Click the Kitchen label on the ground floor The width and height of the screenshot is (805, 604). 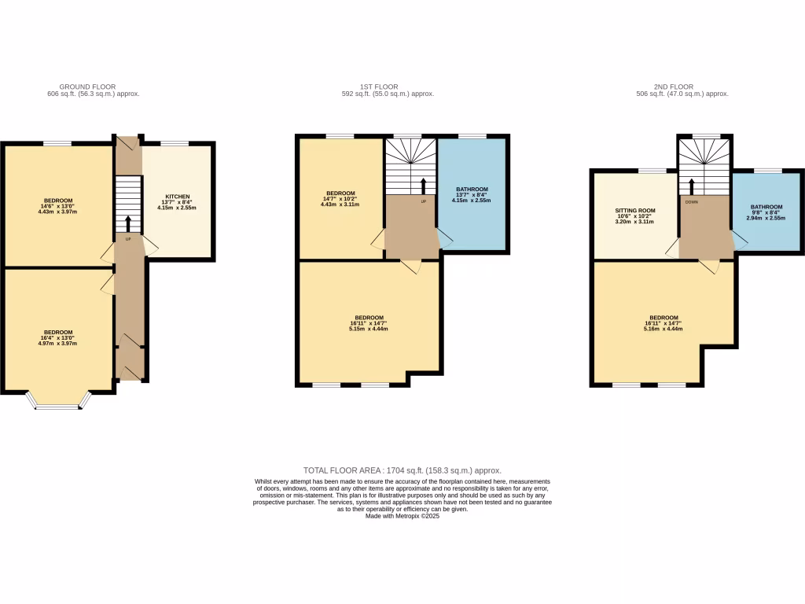click(x=176, y=196)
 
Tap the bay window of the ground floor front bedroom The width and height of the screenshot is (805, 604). click(x=58, y=406)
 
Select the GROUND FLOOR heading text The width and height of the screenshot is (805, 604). click(x=87, y=87)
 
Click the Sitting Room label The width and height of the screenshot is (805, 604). click(x=634, y=211)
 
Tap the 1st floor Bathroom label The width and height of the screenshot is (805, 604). click(x=472, y=189)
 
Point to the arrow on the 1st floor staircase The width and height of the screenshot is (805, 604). click(x=424, y=186)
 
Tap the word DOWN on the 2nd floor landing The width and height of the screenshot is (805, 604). click(x=691, y=201)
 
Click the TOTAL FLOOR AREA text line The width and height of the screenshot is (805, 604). click(x=402, y=470)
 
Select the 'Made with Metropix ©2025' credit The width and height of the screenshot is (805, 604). click(x=402, y=515)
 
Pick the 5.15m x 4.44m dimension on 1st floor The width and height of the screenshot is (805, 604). click(x=368, y=329)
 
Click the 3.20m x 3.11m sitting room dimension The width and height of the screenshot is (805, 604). click(x=634, y=223)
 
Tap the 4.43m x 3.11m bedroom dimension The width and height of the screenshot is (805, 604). click(x=340, y=204)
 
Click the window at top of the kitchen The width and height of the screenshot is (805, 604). click(x=175, y=143)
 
